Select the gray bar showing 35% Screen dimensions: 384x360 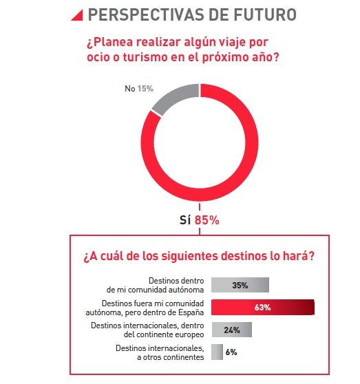click(240, 285)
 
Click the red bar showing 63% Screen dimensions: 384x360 click(262, 307)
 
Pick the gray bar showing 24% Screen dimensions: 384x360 click(231, 330)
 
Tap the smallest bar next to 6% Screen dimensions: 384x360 click(217, 352)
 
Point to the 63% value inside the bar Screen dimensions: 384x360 click(262, 307)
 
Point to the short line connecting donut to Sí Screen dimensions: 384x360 click(200, 206)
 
